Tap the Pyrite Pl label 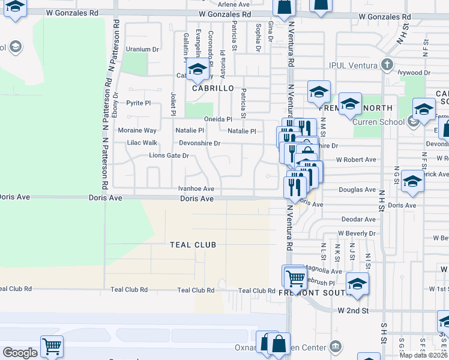[x=139, y=103]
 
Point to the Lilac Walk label [x=142, y=143]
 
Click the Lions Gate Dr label [x=169, y=156]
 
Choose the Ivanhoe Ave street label [x=196, y=188]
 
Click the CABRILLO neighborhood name [x=212, y=88]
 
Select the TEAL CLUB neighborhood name [x=193, y=245]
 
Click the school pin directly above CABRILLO [x=197, y=69]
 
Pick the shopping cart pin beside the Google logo [x=52, y=346]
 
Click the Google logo [x=20, y=353]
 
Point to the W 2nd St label [x=352, y=311]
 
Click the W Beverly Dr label [x=357, y=233]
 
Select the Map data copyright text [x=423, y=355]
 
